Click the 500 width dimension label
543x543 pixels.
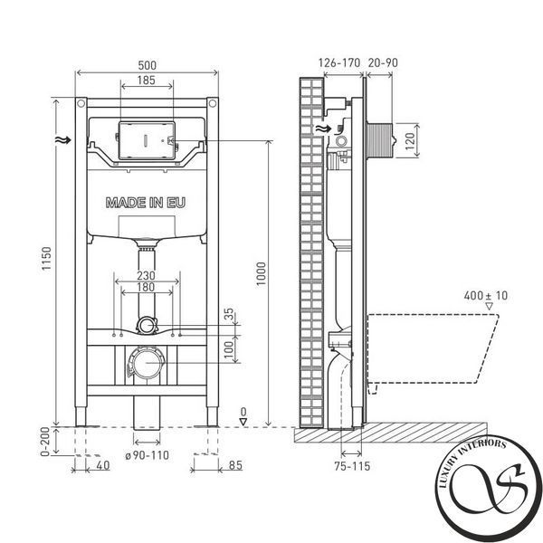pos(148,65)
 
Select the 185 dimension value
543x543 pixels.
pos(146,81)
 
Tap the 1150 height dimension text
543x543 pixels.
pos(46,258)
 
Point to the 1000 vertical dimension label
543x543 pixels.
pos(261,273)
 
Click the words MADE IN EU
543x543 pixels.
pos(146,203)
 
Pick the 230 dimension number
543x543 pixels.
pos(146,276)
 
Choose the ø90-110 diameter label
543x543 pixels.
pos(148,455)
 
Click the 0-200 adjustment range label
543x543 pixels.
pos(46,442)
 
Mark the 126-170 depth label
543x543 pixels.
pos(339,63)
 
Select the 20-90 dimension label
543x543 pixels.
pos(383,63)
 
